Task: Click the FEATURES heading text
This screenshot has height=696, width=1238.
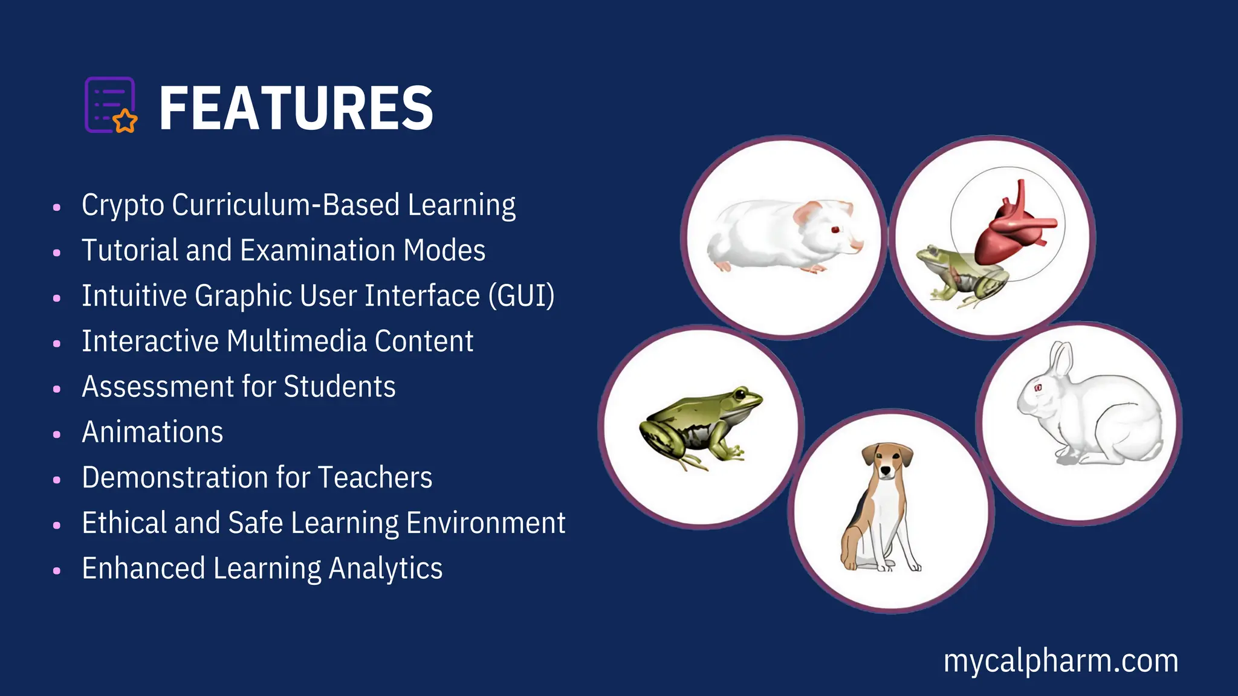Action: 296,108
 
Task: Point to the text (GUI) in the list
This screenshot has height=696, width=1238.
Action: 521,296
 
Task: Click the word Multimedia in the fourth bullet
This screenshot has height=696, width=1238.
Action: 296,341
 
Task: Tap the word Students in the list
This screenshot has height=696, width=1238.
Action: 339,387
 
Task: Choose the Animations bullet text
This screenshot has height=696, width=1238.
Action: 152,432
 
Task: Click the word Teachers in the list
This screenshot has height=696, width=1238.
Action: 375,477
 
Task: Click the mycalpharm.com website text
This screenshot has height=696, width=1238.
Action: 1061,661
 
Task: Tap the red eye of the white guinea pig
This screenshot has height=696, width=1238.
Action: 835,230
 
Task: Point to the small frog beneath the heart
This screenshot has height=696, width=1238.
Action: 958,278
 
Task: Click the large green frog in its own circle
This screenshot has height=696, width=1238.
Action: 701,426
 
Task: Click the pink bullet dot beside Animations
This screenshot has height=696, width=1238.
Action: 57,434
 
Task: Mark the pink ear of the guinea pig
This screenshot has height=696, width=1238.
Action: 806,213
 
